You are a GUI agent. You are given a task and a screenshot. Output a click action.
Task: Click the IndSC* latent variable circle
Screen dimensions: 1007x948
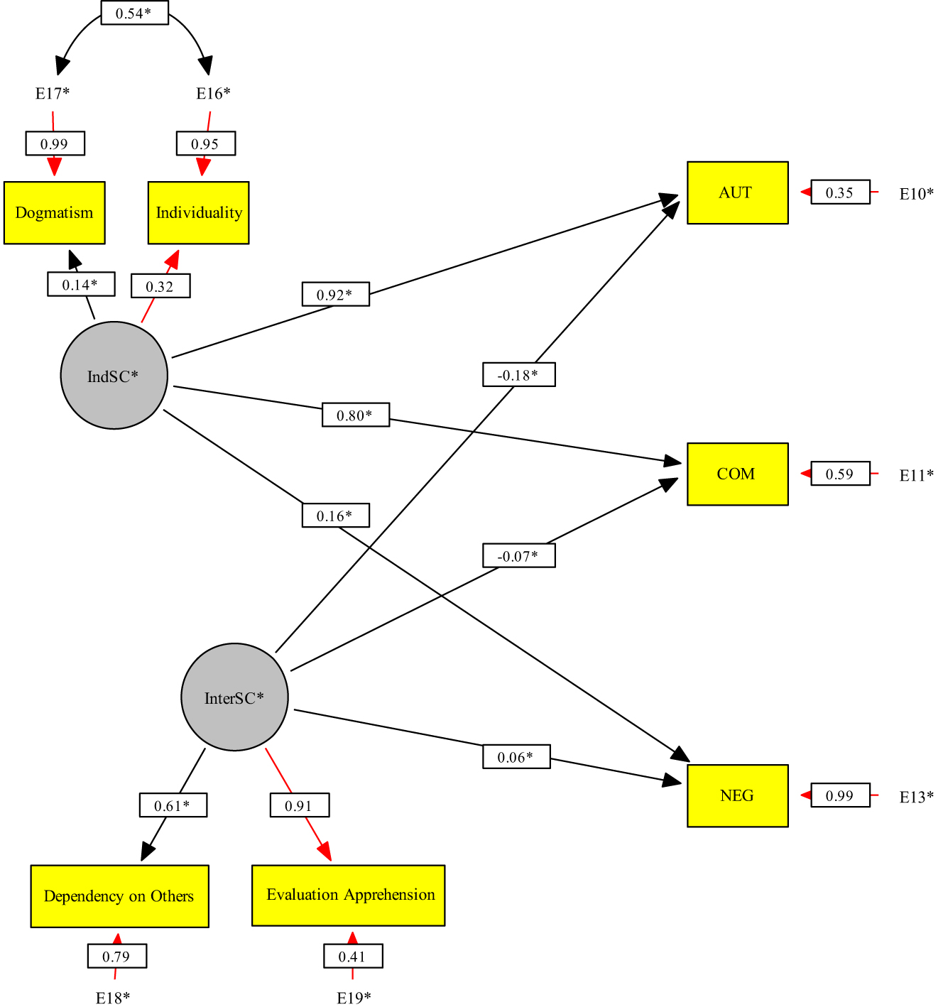pos(114,376)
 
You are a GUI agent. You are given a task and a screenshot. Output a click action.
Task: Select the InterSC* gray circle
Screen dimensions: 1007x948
pos(234,697)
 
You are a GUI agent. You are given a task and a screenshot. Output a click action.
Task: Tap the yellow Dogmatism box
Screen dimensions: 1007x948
pos(55,213)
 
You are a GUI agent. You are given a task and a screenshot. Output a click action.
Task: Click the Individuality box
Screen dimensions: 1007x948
pos(198,213)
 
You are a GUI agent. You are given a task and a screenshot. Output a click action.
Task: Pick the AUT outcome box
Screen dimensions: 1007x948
pos(737,193)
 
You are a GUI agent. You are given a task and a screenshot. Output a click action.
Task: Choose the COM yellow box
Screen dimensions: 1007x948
pos(737,474)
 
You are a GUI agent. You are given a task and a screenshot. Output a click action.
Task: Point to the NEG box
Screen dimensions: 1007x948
pos(737,796)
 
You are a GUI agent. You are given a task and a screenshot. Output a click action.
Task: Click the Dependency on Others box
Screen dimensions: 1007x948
pos(119,896)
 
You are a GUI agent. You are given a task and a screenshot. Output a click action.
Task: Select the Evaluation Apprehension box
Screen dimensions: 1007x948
pos(348,896)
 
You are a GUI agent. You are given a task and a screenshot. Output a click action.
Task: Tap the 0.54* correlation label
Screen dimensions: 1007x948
pos(134,13)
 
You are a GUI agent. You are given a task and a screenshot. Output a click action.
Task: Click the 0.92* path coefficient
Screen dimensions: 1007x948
pos(335,295)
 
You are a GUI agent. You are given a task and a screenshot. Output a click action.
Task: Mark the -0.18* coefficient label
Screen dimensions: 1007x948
pos(518,375)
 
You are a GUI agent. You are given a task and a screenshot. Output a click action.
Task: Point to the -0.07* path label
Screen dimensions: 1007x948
pos(518,556)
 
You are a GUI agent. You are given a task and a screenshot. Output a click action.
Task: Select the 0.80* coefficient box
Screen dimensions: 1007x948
pos(355,415)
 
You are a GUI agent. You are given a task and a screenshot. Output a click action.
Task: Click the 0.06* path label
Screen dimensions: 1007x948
pos(516,757)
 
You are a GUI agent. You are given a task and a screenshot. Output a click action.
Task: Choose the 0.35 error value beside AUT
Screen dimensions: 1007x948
pos(840,193)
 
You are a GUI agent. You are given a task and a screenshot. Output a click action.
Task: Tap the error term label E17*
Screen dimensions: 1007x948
pos(53,94)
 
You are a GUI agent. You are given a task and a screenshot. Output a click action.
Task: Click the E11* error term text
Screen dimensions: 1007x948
pos(916,476)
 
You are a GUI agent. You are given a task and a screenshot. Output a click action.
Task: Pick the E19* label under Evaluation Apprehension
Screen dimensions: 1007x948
pos(354,998)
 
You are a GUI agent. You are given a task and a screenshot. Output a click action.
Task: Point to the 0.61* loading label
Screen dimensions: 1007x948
pos(173,806)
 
